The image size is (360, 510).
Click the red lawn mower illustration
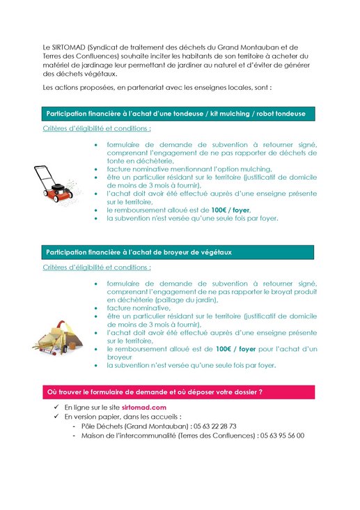click(58, 183)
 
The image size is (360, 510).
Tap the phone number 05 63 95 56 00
click(281, 435)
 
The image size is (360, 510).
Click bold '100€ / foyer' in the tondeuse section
click(233, 210)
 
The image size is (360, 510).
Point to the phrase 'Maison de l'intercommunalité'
click(129, 435)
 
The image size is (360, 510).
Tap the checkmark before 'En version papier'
click(56, 416)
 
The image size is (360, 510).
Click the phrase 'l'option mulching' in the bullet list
click(243, 169)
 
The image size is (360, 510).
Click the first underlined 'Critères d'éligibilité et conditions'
click(97, 129)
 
